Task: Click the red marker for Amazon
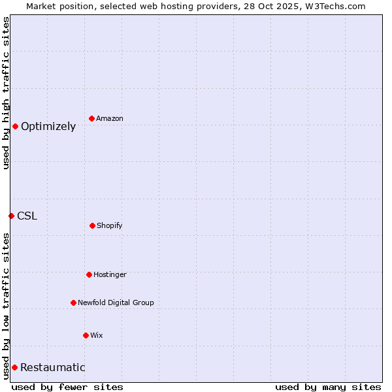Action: point(91,118)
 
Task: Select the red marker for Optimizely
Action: point(15,126)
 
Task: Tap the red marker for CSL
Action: point(11,216)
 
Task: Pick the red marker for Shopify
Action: point(92,225)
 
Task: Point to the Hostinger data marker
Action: point(89,274)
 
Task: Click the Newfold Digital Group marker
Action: point(73,302)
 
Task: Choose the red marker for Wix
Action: point(86,335)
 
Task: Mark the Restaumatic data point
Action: point(14,367)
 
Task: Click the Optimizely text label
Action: point(48,127)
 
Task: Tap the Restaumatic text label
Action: point(52,368)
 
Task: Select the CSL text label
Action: point(27,216)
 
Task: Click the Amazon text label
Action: point(110,119)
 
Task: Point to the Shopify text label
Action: point(110,226)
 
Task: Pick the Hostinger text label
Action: point(110,275)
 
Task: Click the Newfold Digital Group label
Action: point(116,303)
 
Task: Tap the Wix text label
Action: point(97,336)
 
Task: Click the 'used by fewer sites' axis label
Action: point(67,387)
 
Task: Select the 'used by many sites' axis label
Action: point(328,387)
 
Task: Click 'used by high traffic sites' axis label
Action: point(6,93)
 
